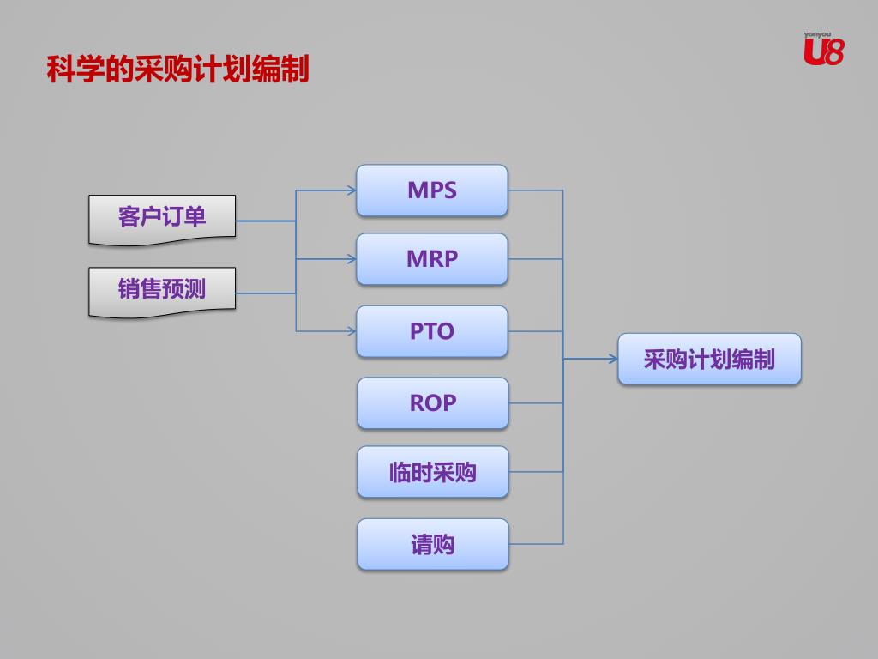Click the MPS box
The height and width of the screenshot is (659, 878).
tap(432, 190)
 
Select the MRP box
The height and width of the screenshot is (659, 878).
tap(432, 259)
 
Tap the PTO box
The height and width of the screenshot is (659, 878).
tap(432, 331)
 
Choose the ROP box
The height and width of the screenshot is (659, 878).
tap(433, 403)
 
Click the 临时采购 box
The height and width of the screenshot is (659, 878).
tap(433, 472)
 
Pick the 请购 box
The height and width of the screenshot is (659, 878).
tap(433, 544)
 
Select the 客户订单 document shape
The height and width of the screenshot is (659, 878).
tap(162, 218)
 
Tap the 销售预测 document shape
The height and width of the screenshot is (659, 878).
tap(162, 290)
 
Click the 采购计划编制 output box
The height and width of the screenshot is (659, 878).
tap(709, 359)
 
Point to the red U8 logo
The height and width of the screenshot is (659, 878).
tap(823, 50)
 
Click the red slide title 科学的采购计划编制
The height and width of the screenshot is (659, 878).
tap(177, 70)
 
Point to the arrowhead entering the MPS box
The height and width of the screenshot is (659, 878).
tap(352, 190)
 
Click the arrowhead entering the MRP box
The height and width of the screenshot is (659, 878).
tap(352, 259)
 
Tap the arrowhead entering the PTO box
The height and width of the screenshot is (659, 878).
tap(352, 331)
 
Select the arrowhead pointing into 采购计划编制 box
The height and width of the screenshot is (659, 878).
tap(613, 359)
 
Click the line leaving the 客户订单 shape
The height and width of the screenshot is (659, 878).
tap(266, 221)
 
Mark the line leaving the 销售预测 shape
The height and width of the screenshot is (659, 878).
tap(266, 293)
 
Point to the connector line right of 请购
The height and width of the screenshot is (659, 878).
tap(536, 544)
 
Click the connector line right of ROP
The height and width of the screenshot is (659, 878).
tap(536, 403)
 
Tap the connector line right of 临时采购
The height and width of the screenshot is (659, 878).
tap(536, 472)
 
